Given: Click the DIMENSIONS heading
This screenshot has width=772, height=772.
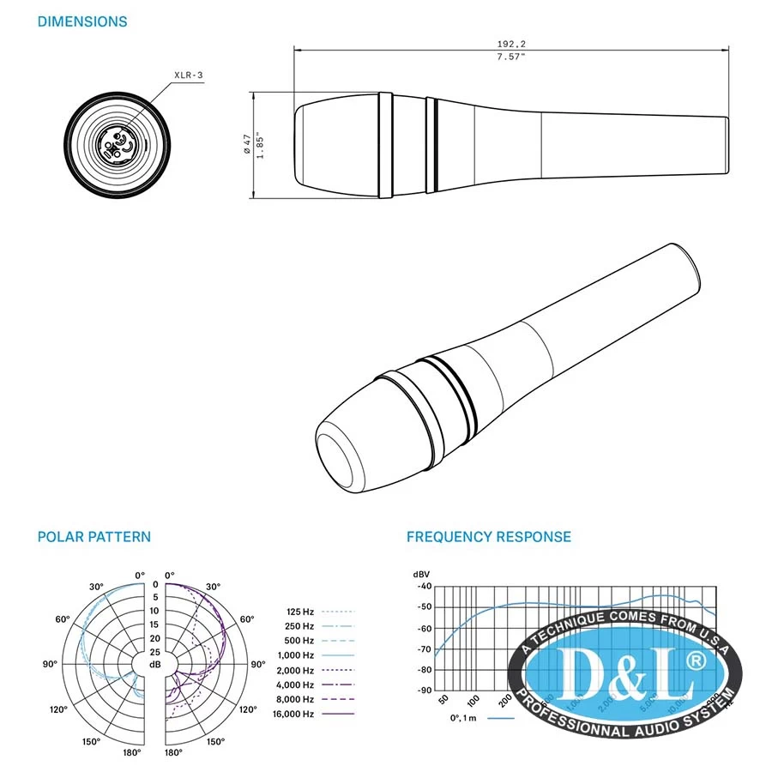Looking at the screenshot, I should (x=82, y=21).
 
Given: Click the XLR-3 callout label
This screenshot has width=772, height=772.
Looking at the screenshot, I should (x=188, y=75).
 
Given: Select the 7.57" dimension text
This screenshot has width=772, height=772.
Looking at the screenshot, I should (x=511, y=57).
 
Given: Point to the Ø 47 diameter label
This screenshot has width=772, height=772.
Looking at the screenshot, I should (x=247, y=143).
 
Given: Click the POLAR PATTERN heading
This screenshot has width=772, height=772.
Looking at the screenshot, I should (x=94, y=537).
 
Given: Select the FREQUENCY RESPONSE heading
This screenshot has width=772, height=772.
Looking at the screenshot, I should (x=489, y=537).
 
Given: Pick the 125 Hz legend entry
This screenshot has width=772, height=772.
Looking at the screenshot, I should (x=300, y=612).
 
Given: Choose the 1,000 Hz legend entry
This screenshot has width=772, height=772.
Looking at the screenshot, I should (x=296, y=655).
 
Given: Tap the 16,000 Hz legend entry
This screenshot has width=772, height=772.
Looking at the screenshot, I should (x=294, y=714).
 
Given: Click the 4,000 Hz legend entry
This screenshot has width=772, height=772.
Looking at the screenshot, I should (x=296, y=685).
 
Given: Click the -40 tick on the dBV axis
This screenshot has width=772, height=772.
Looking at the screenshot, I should (x=424, y=587).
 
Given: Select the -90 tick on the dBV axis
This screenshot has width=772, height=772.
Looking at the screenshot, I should (x=424, y=691).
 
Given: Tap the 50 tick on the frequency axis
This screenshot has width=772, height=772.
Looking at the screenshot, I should (x=443, y=701).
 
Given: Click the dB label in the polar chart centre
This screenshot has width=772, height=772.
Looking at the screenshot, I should (x=155, y=664).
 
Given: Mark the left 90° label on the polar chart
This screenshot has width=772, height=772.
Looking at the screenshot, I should (x=51, y=664).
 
